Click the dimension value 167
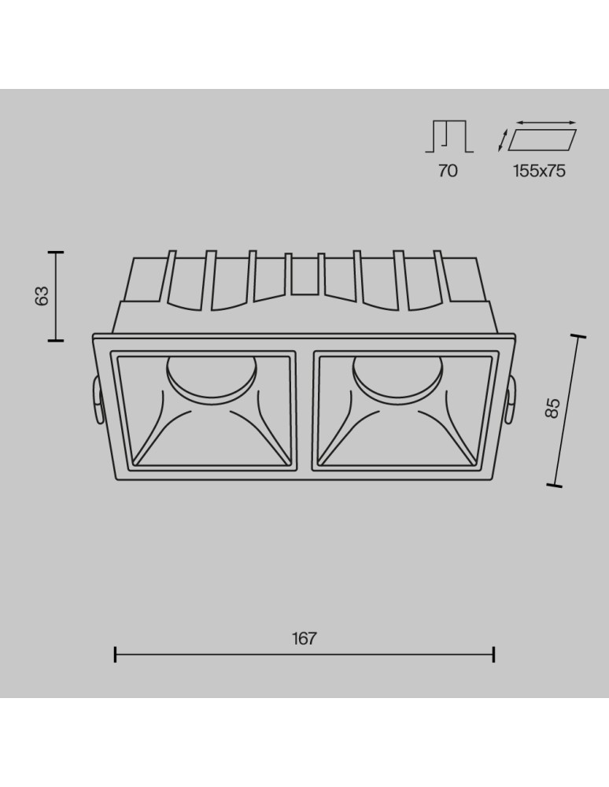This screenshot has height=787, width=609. [x=304, y=638]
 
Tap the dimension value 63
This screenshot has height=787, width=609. [x=42, y=296]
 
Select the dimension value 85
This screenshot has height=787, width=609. [x=552, y=408]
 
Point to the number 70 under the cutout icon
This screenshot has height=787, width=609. [x=448, y=170]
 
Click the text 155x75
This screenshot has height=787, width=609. [x=540, y=170]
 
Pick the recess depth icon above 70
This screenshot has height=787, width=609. [x=449, y=137]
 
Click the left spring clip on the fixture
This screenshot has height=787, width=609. [x=96, y=401]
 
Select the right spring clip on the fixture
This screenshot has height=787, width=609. [x=511, y=401]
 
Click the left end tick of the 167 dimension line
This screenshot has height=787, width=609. [x=116, y=654]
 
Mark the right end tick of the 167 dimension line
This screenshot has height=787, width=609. [x=493, y=654]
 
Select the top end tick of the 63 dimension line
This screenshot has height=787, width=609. [x=55, y=253]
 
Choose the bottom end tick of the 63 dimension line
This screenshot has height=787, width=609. [x=55, y=340]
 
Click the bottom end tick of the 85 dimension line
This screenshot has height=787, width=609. [x=554, y=486]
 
